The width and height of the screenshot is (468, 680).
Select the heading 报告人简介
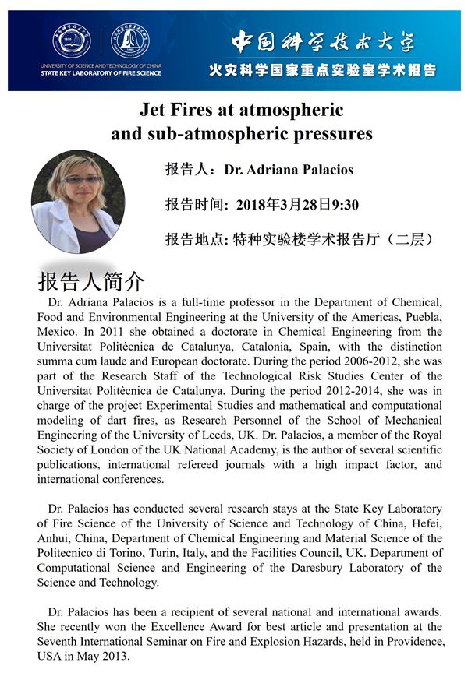(90, 281)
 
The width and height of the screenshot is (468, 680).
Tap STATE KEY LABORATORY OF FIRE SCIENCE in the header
(101, 73)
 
